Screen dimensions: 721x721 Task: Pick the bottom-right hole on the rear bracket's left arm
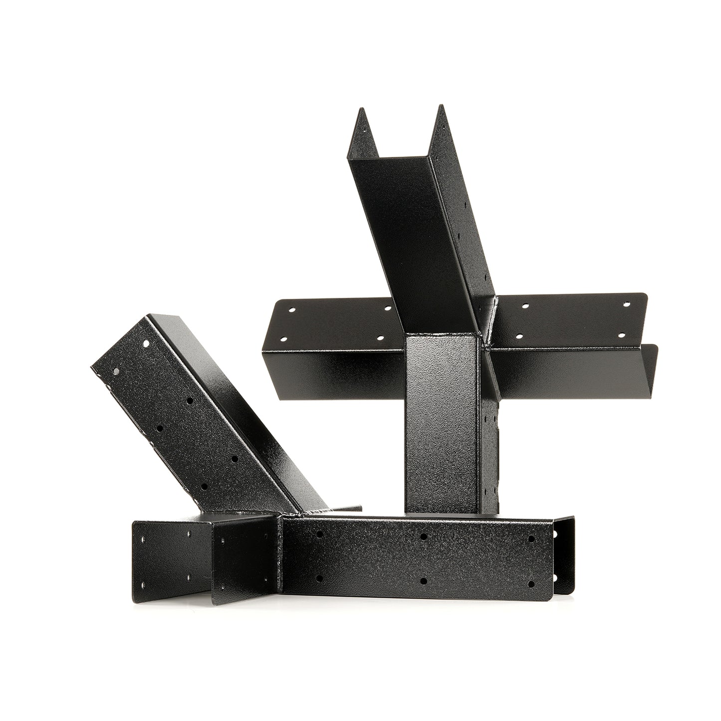381,338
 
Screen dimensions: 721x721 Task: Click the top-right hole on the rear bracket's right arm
627,304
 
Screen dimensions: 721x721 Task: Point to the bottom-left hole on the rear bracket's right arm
522,335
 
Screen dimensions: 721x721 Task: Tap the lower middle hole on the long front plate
423,581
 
